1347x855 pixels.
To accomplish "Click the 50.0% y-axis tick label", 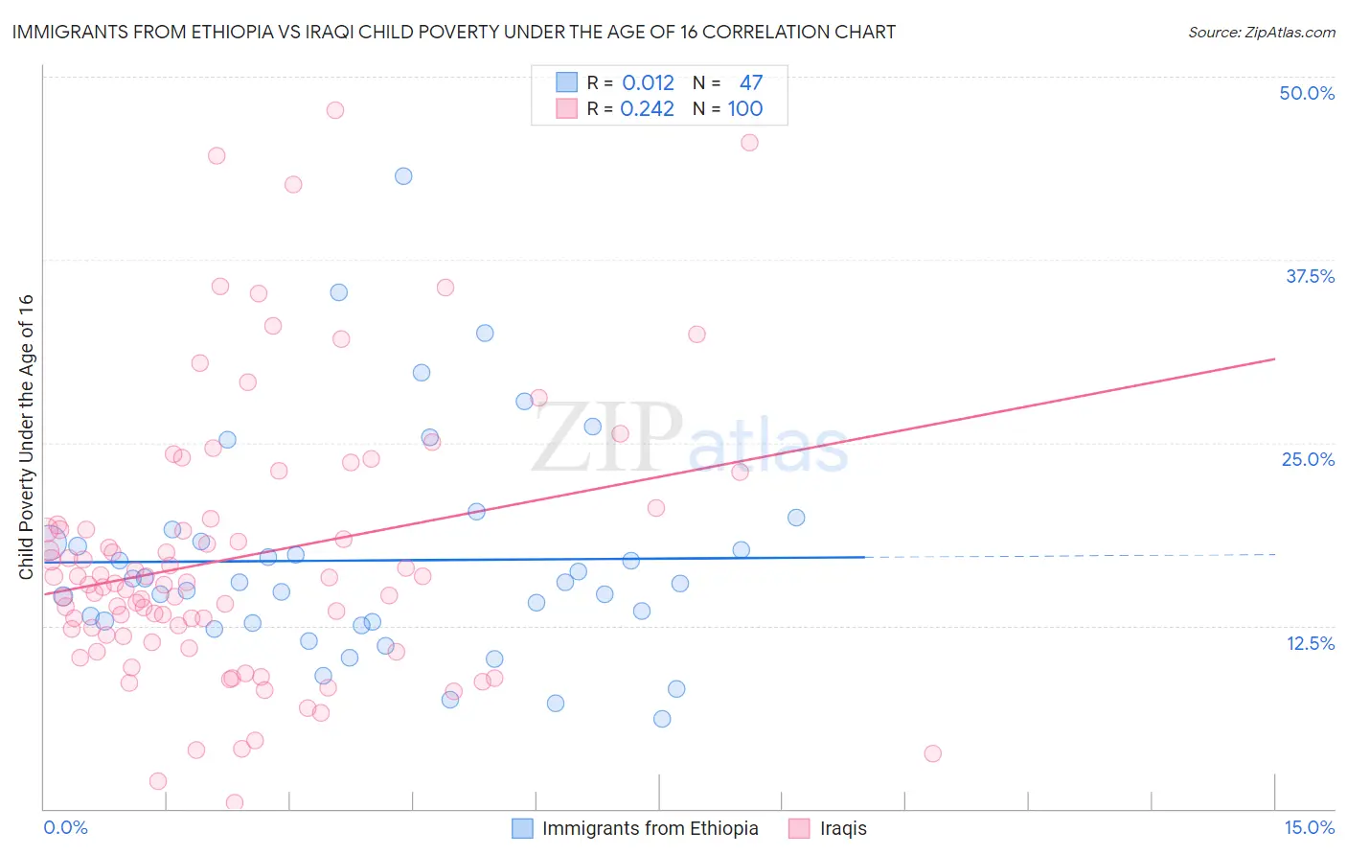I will pos(1307,93).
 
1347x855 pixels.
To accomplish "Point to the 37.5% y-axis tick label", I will pos(1310,276).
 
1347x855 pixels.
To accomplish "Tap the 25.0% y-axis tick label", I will pos(1308,459).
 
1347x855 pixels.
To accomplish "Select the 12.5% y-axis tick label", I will pos(1310,643).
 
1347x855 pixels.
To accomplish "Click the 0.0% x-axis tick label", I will pos(65,827).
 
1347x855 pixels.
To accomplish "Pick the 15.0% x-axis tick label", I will pos(1309,827).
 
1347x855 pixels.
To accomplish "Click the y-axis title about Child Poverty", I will pos(26,436).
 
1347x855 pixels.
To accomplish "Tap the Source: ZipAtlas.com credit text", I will pos(1261,33).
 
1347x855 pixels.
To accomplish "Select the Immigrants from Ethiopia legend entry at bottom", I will pos(635,828).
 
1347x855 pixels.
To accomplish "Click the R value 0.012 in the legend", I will pos(648,82).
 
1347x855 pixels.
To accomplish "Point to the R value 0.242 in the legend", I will pos(647,108).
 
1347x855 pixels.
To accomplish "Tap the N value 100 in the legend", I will pos(744,108).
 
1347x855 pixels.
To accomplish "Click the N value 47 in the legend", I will pos(750,82).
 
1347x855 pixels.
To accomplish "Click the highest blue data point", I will pos(403,176).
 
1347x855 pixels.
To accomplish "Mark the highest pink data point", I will pos(334,110).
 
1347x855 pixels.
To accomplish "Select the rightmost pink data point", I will pos(932,753).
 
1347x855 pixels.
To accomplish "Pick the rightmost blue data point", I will pos(796,518).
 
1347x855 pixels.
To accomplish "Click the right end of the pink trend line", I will pos(1275,358).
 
